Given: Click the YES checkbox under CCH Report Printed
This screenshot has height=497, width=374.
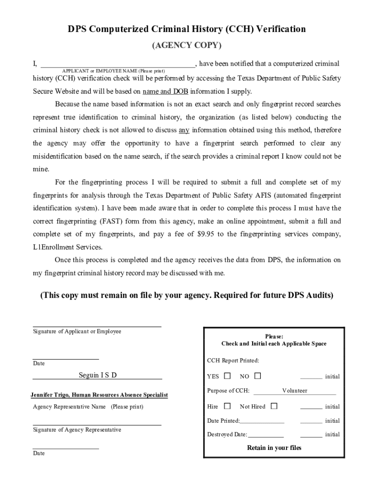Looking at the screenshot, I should [x=227, y=376].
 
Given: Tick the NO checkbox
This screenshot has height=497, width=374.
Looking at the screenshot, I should [x=257, y=376].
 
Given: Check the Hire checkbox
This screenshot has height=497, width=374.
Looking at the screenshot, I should [x=227, y=406].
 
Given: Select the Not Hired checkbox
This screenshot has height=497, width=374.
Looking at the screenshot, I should [x=274, y=406].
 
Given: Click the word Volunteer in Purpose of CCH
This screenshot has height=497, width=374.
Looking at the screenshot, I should [x=294, y=391].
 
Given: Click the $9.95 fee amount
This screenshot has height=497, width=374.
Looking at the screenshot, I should [x=207, y=234].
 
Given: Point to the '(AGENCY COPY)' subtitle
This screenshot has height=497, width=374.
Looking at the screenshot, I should [x=187, y=46].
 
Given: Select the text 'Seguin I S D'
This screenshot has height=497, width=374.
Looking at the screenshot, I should [x=98, y=375].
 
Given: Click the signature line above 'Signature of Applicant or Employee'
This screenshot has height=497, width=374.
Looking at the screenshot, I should [x=97, y=326].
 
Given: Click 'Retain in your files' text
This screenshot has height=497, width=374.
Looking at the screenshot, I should [x=274, y=448].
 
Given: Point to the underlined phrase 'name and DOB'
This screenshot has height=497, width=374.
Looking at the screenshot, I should [x=165, y=91].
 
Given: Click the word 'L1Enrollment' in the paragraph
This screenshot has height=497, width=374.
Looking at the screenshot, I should [x=53, y=247].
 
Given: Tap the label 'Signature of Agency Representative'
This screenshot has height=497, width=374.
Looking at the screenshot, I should [x=77, y=430].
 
